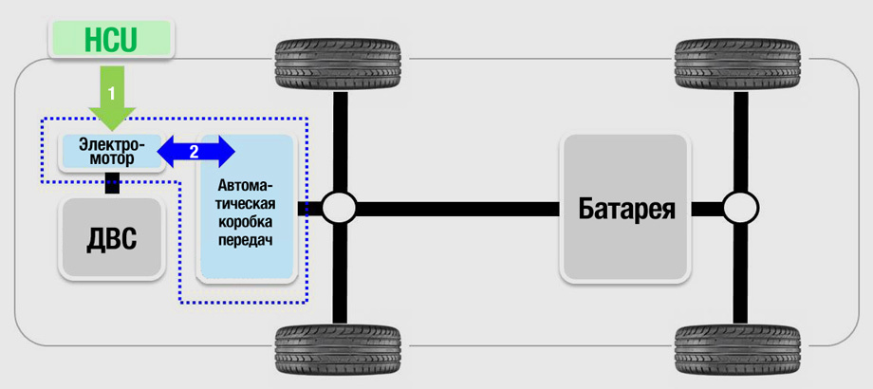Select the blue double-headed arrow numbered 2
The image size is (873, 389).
(195, 149)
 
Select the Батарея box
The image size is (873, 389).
(625, 207)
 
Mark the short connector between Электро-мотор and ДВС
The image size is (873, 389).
(112, 185)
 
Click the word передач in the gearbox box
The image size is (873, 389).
(246, 241)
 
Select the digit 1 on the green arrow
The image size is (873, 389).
(112, 94)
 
